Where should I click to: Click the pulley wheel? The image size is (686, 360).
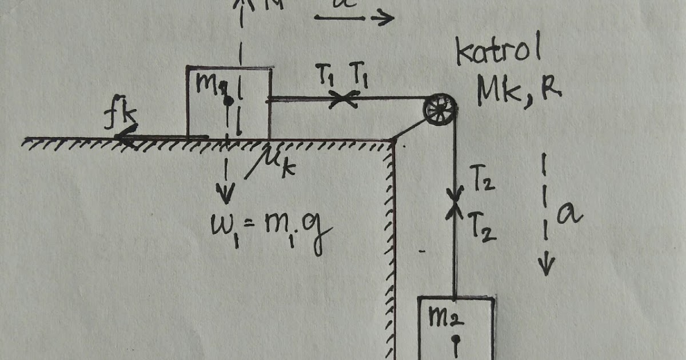[440, 107]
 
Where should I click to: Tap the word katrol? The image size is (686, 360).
[498, 54]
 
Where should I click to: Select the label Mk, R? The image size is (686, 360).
[518, 92]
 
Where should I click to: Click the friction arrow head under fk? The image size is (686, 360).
[120, 137]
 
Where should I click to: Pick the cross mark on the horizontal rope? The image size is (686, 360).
[343, 99]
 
